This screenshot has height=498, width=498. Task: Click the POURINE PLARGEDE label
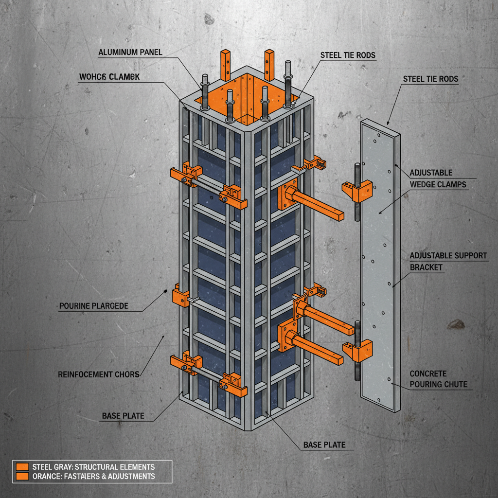93,306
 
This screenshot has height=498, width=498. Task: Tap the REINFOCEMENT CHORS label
99,374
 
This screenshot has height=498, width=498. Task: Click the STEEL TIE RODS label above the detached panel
430,78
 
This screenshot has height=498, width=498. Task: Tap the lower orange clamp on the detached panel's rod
358,350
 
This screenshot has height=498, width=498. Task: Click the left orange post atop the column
225,65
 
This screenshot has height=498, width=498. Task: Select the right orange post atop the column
269,65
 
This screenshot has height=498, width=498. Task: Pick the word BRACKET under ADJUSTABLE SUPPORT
427,267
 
